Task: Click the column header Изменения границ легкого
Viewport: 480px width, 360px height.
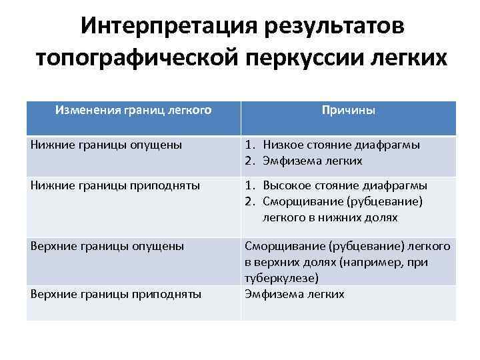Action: (133, 107)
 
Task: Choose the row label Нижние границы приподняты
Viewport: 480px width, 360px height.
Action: (115, 185)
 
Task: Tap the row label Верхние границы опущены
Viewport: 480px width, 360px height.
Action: (107, 246)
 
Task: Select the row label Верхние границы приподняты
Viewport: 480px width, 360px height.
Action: (116, 293)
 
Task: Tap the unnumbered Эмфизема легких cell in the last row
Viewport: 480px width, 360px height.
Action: (295, 293)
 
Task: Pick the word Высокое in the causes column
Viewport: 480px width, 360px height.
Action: (286, 185)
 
